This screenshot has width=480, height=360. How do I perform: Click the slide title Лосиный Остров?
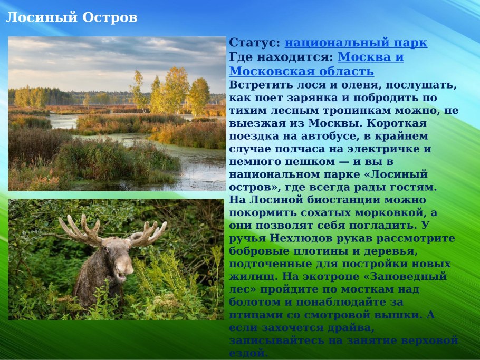pyautogui.click(x=71, y=18)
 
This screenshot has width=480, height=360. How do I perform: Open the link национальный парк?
pyautogui.click(x=356, y=43)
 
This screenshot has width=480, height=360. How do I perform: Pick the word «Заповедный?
pyautogui.click(x=401, y=276)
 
